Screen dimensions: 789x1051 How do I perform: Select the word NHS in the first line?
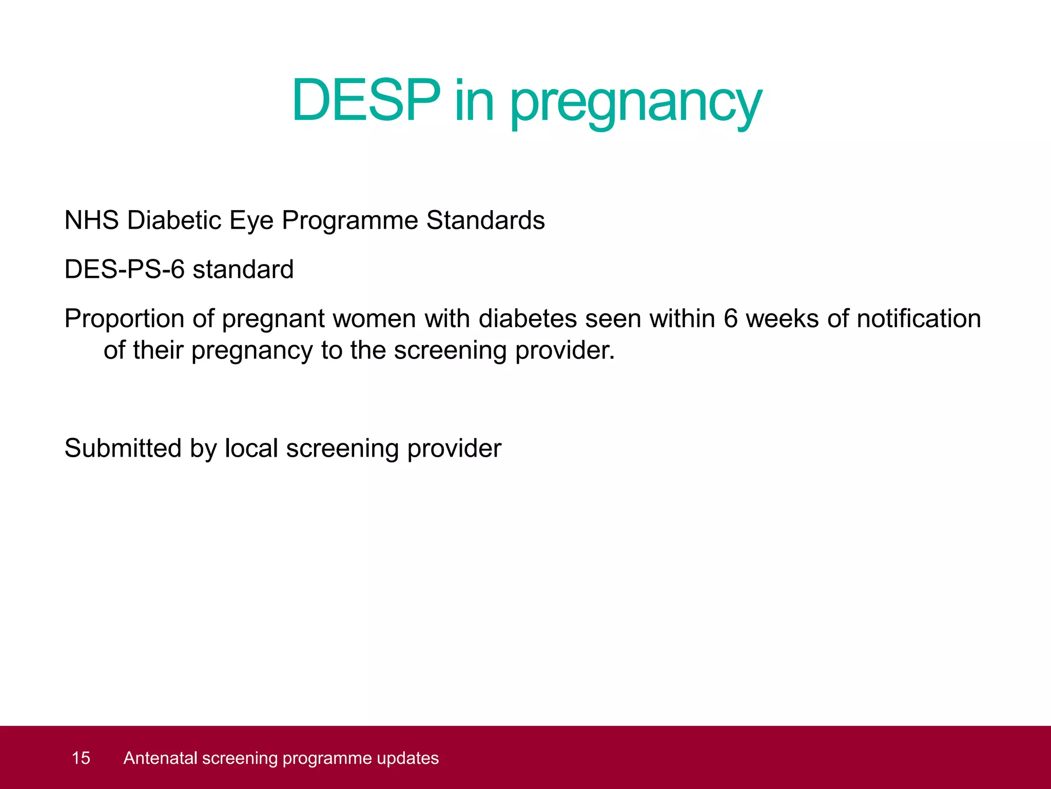(x=91, y=220)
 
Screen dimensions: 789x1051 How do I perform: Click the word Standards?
(x=485, y=220)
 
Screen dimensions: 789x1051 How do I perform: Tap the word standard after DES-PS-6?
(x=243, y=270)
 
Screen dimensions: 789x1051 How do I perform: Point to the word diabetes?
(x=528, y=319)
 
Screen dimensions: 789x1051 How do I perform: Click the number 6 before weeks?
(x=731, y=319)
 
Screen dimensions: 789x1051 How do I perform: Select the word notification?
(x=919, y=319)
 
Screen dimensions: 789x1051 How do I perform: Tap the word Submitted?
(x=123, y=448)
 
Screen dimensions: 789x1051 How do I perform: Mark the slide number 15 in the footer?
(x=81, y=758)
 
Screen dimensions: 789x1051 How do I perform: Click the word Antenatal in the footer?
(x=160, y=758)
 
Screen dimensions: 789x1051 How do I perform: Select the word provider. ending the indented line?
(x=565, y=351)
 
